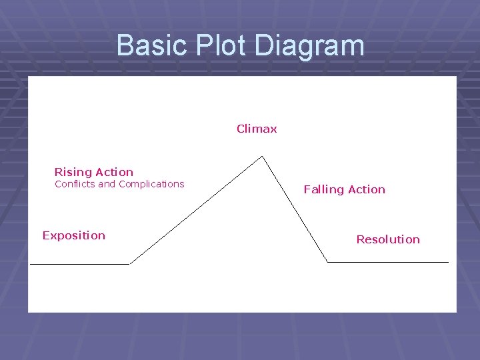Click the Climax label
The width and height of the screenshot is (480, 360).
(257, 129)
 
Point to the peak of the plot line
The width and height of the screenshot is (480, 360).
(263, 157)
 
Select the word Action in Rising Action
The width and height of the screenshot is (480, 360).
(115, 172)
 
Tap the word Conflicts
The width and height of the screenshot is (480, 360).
(75, 184)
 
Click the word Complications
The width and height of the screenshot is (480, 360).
(151, 185)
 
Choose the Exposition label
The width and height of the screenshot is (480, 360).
(73, 235)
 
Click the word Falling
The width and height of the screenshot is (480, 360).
(323, 190)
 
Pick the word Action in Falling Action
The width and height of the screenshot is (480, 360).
(366, 189)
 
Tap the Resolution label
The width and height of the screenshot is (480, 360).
(388, 239)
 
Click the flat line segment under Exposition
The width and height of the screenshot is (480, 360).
(80, 264)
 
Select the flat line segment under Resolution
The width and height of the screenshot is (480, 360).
(388, 262)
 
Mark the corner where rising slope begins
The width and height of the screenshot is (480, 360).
(129, 264)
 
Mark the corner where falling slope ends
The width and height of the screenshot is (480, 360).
(327, 262)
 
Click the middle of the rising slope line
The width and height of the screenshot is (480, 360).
(196, 211)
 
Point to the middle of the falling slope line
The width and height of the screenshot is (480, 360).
(295, 209)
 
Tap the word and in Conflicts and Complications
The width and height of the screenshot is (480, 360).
(107, 184)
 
